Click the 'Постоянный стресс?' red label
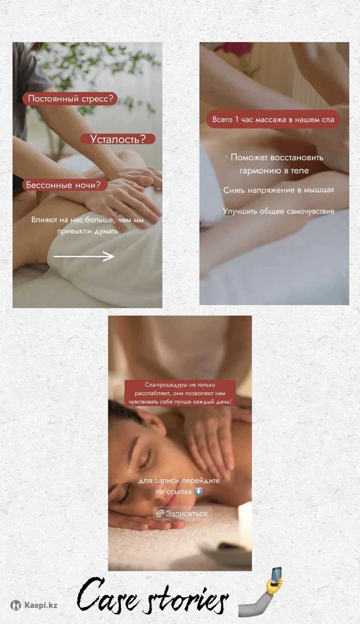coord(70,99)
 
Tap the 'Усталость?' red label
coord(118,139)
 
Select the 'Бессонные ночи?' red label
coord(65,185)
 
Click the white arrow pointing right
coord(84,256)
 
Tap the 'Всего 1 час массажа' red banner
coord(273,120)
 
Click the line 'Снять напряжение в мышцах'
coord(278,190)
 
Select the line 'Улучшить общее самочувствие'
coord(278,211)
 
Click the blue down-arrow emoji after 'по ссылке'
coord(198,491)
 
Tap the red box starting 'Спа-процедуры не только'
coord(180,393)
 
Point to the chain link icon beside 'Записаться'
coord(160,513)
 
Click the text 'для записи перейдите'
coord(179,480)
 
